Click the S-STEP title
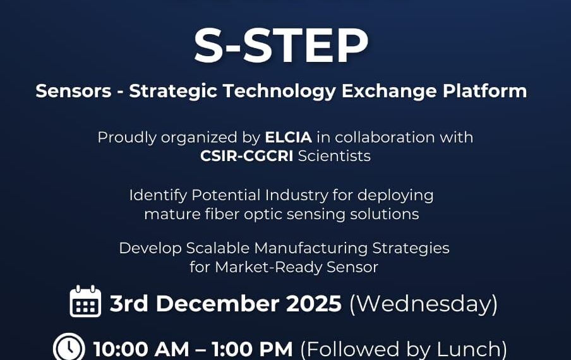pyautogui.click(x=281, y=45)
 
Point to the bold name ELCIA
pyautogui.click(x=288, y=137)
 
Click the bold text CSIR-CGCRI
pyautogui.click(x=247, y=155)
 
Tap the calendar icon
pyautogui.click(x=85, y=301)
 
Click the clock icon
pyautogui.click(x=69, y=347)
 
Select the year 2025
pyautogui.click(x=314, y=304)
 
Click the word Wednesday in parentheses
pyautogui.click(x=423, y=304)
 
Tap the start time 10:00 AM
pyautogui.click(x=141, y=349)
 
